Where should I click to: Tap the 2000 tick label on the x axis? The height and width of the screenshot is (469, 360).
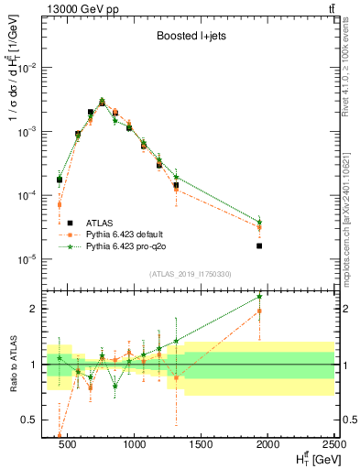(268, 446)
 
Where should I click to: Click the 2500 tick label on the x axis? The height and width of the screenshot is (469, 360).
(333, 446)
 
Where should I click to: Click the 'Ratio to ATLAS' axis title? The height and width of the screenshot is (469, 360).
(12, 364)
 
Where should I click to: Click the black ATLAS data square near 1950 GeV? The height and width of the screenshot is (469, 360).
(259, 245)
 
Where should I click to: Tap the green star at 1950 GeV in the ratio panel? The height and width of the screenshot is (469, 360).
(259, 296)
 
